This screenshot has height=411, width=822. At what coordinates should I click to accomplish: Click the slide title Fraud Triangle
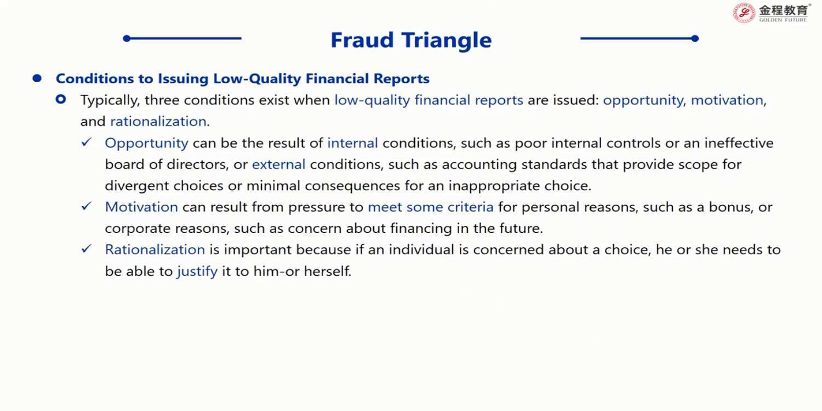point(411,40)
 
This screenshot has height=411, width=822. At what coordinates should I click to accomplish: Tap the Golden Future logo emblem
point(744,13)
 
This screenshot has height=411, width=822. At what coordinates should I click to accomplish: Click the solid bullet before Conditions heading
point(37,78)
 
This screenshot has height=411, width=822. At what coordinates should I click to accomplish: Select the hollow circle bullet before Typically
point(61,99)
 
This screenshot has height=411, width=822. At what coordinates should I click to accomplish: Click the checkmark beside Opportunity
point(87,142)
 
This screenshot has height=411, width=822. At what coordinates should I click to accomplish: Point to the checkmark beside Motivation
point(87,206)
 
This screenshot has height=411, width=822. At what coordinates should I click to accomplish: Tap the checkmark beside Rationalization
point(87,249)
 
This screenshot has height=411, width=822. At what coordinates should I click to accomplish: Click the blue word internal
point(353,142)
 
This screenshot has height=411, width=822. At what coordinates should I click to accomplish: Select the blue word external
point(279,164)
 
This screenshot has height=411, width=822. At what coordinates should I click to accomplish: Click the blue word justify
point(197,272)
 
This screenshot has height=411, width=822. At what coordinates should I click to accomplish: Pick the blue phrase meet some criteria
point(431,207)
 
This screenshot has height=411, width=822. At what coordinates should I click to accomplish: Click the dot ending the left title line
point(127,38)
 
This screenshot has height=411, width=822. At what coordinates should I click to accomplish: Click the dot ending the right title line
point(695,38)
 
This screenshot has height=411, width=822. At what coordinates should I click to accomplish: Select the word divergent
point(136,186)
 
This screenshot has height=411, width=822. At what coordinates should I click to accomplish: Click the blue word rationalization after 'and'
point(158,122)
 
